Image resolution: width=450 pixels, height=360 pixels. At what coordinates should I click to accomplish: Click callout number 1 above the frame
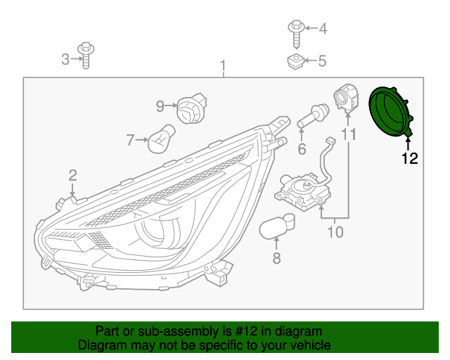[223, 67]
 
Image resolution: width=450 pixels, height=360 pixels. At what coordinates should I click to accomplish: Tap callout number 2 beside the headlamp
[72, 175]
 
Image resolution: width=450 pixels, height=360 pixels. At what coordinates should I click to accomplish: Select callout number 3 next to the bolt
[65, 60]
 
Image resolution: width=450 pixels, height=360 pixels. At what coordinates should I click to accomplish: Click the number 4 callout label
[323, 29]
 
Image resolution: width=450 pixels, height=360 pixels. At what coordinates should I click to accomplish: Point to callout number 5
[322, 61]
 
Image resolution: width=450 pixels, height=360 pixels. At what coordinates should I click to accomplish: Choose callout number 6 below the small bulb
[302, 148]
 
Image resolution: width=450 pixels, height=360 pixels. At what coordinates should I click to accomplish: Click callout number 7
[130, 141]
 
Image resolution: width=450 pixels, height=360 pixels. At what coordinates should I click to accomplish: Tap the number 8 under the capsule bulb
[276, 259]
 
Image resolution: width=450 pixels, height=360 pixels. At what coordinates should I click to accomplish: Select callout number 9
[160, 106]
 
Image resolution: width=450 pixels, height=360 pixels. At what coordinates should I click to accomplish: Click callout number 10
[335, 230]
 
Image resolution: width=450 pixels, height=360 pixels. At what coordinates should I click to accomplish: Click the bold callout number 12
[409, 158]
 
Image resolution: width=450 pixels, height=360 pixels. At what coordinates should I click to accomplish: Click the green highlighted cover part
[390, 112]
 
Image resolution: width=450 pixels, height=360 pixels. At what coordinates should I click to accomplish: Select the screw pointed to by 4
[295, 30]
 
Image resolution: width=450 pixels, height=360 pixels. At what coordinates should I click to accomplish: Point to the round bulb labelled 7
[160, 141]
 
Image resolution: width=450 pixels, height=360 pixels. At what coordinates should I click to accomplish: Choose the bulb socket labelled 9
[188, 108]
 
